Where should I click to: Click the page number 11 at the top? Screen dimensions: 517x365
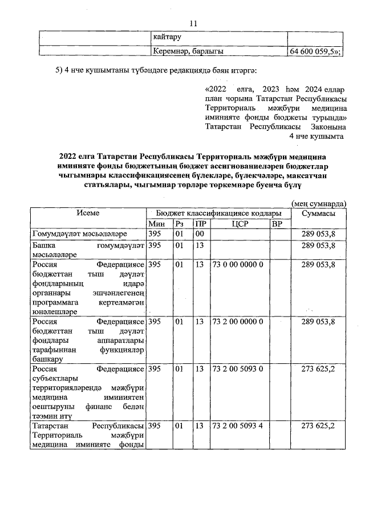click(x=193, y=23)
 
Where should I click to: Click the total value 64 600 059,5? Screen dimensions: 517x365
click(x=315, y=52)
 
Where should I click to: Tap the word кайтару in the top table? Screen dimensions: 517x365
click(x=167, y=38)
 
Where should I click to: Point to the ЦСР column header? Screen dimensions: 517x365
click(x=239, y=223)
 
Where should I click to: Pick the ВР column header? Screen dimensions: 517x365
click(x=277, y=223)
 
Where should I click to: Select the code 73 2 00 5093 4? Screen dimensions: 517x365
click(x=238, y=426)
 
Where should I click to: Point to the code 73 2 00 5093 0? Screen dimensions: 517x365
click(x=238, y=369)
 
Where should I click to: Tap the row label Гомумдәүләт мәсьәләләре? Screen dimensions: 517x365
click(x=80, y=234)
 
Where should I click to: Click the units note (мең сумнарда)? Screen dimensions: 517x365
click(x=319, y=203)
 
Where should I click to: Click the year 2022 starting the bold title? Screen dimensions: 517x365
click(x=70, y=155)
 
